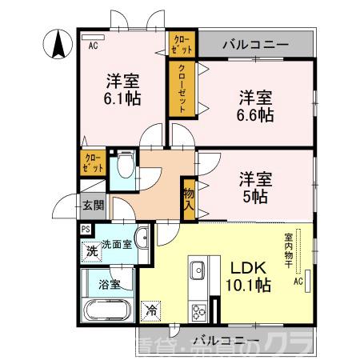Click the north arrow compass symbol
(58, 42)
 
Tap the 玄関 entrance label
(92, 206)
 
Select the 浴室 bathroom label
(110, 284)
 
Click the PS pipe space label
(86, 228)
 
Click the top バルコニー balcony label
(256, 44)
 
